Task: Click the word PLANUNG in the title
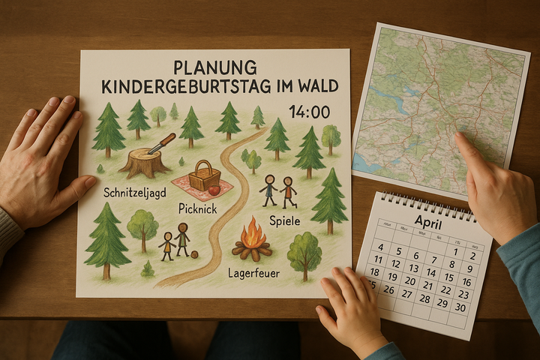click(214, 67)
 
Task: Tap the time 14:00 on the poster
click(309, 112)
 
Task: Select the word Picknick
click(197, 208)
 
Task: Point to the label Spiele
click(284, 221)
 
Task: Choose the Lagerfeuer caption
click(253, 273)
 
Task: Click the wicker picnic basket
click(204, 177)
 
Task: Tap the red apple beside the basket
click(214, 190)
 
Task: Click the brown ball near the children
click(194, 254)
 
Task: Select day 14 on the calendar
click(431, 272)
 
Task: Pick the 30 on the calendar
click(460, 307)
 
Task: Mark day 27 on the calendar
click(406, 292)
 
